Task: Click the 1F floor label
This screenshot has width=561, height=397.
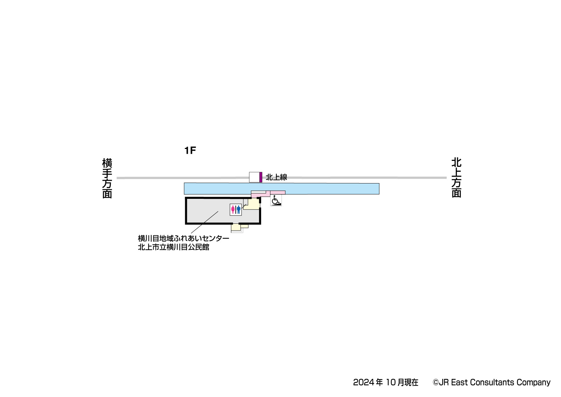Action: tap(190, 150)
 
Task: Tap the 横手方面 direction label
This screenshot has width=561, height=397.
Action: tap(107, 178)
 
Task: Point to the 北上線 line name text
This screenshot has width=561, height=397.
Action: tap(276, 177)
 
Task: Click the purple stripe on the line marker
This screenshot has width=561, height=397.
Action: tap(261, 177)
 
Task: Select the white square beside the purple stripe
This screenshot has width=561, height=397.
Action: tap(254, 177)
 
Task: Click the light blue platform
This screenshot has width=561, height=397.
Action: tap(282, 188)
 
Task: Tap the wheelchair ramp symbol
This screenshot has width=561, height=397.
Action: tap(276, 200)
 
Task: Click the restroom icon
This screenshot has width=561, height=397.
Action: tap(236, 209)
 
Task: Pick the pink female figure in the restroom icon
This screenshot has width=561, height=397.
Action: tap(233, 209)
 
